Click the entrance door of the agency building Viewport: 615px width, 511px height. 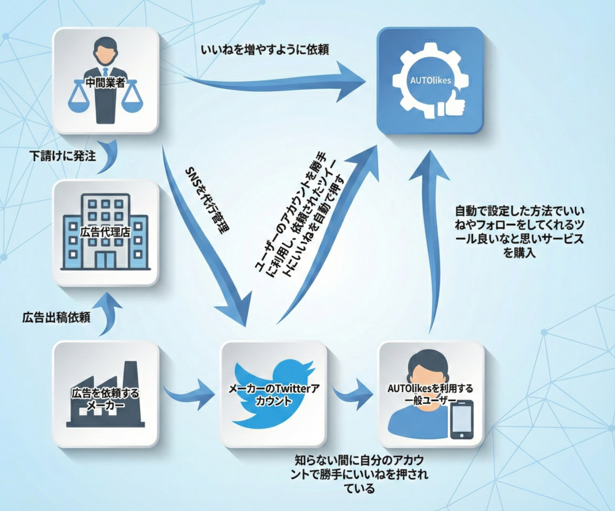point(106,259)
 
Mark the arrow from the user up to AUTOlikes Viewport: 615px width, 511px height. point(432,240)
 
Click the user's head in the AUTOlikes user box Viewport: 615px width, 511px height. point(430,366)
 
